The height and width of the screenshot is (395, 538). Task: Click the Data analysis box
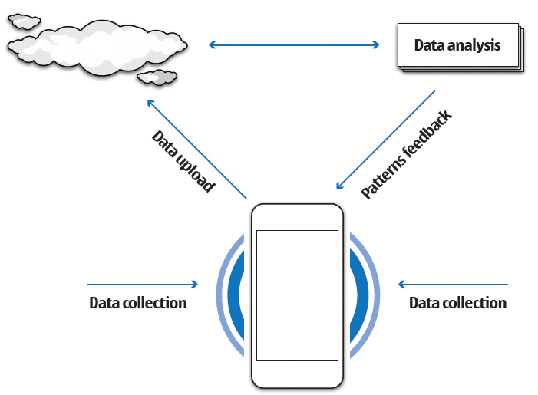[x=457, y=45]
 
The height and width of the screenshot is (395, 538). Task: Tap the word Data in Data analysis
[x=428, y=45]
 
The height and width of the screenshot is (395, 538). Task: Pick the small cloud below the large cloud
[x=159, y=77]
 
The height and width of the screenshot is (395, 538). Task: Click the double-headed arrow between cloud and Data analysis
[x=295, y=45]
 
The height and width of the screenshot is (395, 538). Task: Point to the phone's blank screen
[x=296, y=295]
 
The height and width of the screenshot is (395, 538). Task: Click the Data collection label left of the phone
[x=138, y=303]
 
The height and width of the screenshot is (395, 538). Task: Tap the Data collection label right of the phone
[x=457, y=303]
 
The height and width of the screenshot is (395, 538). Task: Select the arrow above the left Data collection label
[x=143, y=285]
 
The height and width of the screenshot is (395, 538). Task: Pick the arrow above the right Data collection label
[x=453, y=285]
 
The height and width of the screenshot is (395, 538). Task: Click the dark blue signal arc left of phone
[x=235, y=295]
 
